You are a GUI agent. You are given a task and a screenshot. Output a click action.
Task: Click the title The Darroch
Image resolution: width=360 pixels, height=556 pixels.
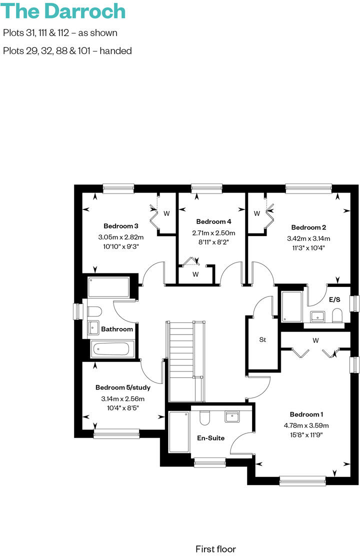(x=64, y=11)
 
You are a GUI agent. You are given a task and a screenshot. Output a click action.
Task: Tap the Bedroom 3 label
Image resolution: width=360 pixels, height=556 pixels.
(x=121, y=225)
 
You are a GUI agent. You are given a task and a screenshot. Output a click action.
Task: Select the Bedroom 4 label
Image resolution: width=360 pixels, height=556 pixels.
(x=213, y=221)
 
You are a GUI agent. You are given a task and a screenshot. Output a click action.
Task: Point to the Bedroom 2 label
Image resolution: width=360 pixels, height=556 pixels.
(x=308, y=226)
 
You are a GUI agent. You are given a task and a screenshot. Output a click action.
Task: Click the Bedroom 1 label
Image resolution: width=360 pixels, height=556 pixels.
(x=306, y=414)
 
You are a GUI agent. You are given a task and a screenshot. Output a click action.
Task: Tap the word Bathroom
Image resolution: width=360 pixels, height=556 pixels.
(x=117, y=329)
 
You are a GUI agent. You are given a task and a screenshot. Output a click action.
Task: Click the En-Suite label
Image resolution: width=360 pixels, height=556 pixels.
(x=210, y=438)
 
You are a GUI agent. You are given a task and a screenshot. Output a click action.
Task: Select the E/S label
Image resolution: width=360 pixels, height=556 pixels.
(x=335, y=300)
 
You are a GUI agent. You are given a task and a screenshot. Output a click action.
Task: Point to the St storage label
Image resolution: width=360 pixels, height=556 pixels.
(x=262, y=340)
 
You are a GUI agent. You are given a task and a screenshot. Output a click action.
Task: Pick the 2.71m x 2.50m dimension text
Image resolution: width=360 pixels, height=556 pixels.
(x=213, y=233)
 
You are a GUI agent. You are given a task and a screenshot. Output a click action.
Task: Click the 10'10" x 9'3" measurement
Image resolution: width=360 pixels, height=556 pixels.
(x=121, y=246)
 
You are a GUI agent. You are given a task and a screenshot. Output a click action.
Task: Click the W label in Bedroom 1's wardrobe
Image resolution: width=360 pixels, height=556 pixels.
(x=315, y=340)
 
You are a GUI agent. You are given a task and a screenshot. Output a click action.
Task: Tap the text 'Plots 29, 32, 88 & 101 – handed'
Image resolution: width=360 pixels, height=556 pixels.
(x=67, y=50)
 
